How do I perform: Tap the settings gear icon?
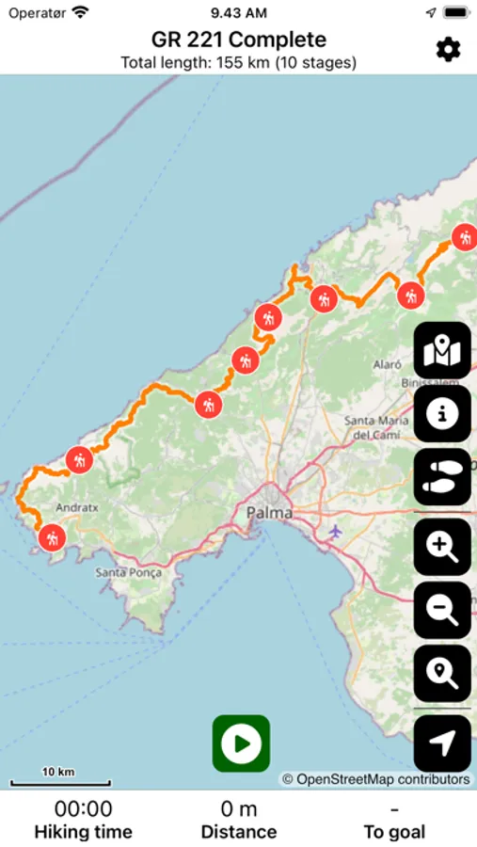(x=448, y=49)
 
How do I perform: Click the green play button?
(x=241, y=743)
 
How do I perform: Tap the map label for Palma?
(x=269, y=513)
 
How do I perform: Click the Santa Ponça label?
(x=129, y=572)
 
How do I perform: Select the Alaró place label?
(x=387, y=363)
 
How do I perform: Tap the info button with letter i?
(x=442, y=413)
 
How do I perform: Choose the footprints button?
(x=442, y=477)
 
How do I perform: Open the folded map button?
(x=442, y=350)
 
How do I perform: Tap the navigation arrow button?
(x=442, y=743)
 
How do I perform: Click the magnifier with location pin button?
(x=442, y=674)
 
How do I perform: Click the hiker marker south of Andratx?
(x=51, y=537)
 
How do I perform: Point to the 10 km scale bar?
(x=60, y=778)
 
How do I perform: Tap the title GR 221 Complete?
(x=239, y=40)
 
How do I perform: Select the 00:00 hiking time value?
(x=83, y=808)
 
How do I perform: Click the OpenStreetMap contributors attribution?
(x=376, y=779)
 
